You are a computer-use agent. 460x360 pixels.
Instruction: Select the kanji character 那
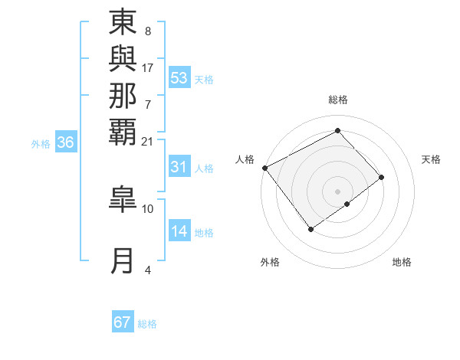tap(123, 96)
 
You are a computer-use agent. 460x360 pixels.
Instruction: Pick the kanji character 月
tap(123, 261)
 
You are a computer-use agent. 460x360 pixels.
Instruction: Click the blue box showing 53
tap(179, 78)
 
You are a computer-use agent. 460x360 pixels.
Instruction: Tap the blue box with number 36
tap(66, 142)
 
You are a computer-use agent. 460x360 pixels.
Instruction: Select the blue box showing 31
tap(179, 167)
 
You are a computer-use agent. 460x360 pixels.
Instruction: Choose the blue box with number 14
tap(179, 232)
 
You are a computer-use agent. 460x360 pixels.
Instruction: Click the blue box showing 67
tap(123, 322)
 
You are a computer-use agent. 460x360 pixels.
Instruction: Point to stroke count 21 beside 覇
tap(147, 141)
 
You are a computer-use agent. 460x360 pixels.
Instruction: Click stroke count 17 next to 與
tap(147, 67)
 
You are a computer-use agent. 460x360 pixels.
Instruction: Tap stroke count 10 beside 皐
tap(147, 208)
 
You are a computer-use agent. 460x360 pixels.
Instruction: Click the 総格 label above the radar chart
tap(337, 100)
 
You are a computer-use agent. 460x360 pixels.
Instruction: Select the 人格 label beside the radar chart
tap(245, 159)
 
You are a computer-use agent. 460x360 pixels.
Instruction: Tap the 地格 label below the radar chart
tap(402, 263)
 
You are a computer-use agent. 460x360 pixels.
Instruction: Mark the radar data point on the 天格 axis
tap(382, 177)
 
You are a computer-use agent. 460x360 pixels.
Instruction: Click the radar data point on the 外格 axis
tap(310, 229)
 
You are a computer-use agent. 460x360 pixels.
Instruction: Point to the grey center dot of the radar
tap(337, 191)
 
